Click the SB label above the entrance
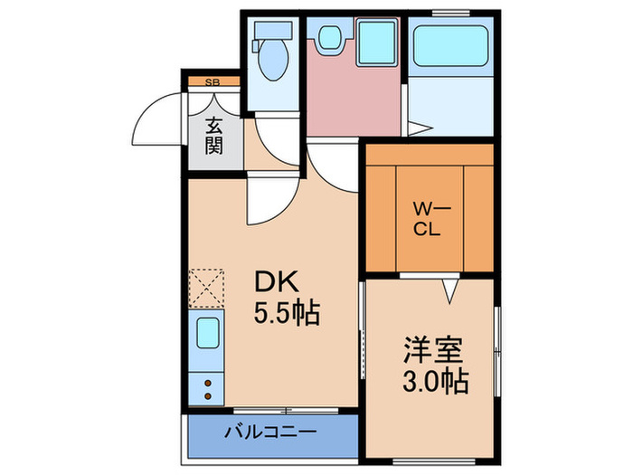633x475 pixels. click(213, 82)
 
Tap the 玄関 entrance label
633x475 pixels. click(213, 135)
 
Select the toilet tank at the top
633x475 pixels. click(271, 32)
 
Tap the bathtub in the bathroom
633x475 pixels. click(451, 47)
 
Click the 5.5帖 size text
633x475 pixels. click(286, 315)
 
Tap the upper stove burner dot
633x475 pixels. click(208, 384)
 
